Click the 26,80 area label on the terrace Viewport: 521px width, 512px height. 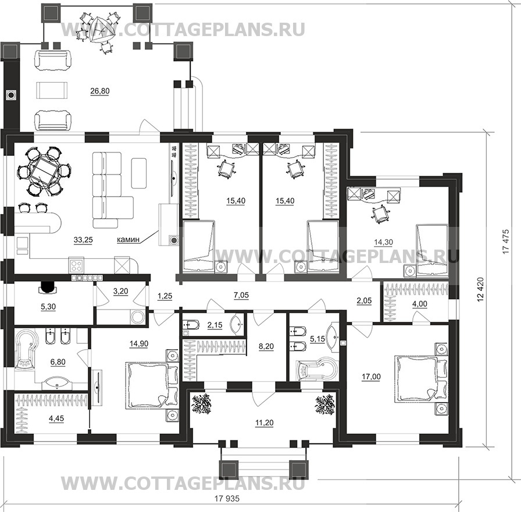coord(99,91)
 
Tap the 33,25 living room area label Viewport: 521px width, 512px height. coord(83,240)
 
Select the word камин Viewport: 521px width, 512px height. coord(128,239)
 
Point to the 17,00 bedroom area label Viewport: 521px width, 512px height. coord(371,376)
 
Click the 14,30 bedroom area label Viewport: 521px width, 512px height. coord(383,243)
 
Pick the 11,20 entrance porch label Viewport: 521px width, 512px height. coord(265,423)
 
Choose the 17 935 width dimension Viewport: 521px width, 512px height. coord(227,499)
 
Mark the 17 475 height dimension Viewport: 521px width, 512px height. coord(506,241)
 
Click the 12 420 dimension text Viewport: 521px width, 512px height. coord(481,290)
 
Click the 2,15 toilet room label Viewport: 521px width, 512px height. coord(215,325)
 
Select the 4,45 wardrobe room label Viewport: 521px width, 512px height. coord(56,418)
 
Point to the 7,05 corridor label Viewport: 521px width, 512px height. coord(241,295)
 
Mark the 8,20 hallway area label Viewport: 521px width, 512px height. coord(266,346)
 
